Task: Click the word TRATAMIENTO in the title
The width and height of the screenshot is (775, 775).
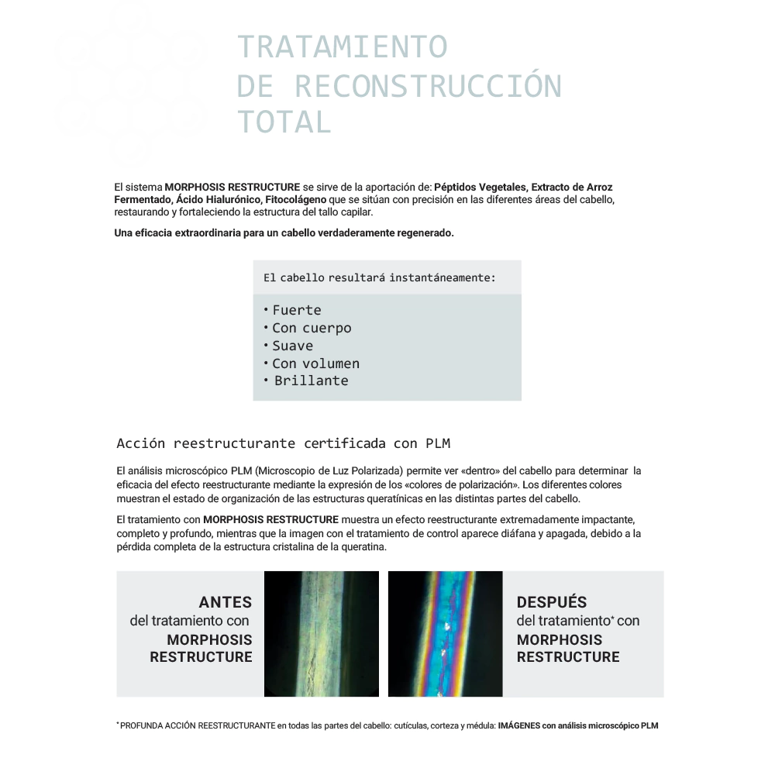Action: coord(342,47)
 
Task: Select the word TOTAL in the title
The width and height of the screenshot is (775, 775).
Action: coord(284,122)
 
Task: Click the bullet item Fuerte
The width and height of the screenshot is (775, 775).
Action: coord(296,310)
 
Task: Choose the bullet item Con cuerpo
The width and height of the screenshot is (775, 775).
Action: coord(312,328)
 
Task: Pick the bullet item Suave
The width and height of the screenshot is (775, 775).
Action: coord(292,346)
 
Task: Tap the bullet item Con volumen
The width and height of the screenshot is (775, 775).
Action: coord(315,363)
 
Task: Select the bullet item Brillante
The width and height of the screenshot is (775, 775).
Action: coord(311,381)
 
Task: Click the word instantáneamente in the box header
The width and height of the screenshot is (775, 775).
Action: coord(442,277)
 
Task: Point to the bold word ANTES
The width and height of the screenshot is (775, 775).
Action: coord(226,602)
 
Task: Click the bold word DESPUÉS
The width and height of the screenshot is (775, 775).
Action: coord(552,602)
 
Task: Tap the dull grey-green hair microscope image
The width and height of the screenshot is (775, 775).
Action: coord(322,634)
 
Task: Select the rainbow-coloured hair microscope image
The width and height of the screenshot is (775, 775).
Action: coord(446,634)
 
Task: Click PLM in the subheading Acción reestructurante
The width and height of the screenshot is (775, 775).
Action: coord(438,444)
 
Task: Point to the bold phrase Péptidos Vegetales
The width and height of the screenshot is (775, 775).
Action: coord(480,188)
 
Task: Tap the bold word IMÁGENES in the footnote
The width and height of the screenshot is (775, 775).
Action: coord(519,726)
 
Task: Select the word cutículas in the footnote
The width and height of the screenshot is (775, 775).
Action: coord(412,726)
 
